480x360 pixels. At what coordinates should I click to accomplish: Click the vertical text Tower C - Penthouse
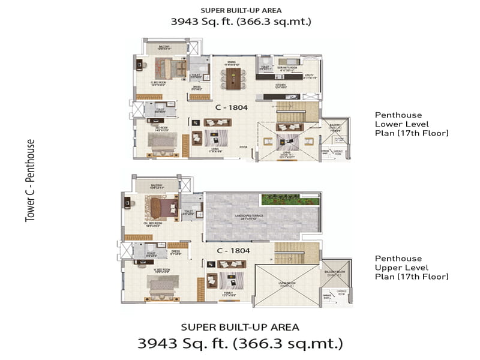coord(30,181)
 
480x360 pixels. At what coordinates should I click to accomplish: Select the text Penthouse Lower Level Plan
coord(412,123)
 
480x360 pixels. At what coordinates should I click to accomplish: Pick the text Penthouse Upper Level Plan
coord(412,267)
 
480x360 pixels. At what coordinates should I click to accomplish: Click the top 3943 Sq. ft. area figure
coord(239,22)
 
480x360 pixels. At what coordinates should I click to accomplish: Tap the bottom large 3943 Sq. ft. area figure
coord(240,344)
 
